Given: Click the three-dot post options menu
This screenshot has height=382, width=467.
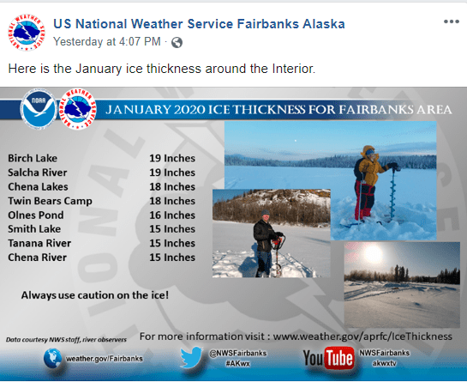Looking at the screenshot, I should pos(451,21).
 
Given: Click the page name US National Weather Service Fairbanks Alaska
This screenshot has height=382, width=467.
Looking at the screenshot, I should pos(199,23).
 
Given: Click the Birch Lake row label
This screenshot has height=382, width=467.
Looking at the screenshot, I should pos(33,159).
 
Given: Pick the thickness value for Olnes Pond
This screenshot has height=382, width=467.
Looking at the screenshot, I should pos(173,215).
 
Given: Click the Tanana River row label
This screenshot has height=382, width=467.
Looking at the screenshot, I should pos(39,243).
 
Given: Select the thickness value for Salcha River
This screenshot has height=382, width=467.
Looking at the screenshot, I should pos(173,173).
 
